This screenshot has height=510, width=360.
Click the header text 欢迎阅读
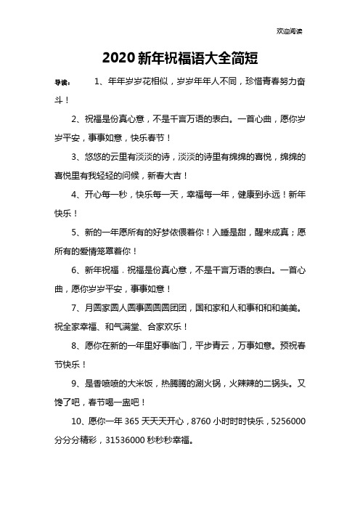290,31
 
